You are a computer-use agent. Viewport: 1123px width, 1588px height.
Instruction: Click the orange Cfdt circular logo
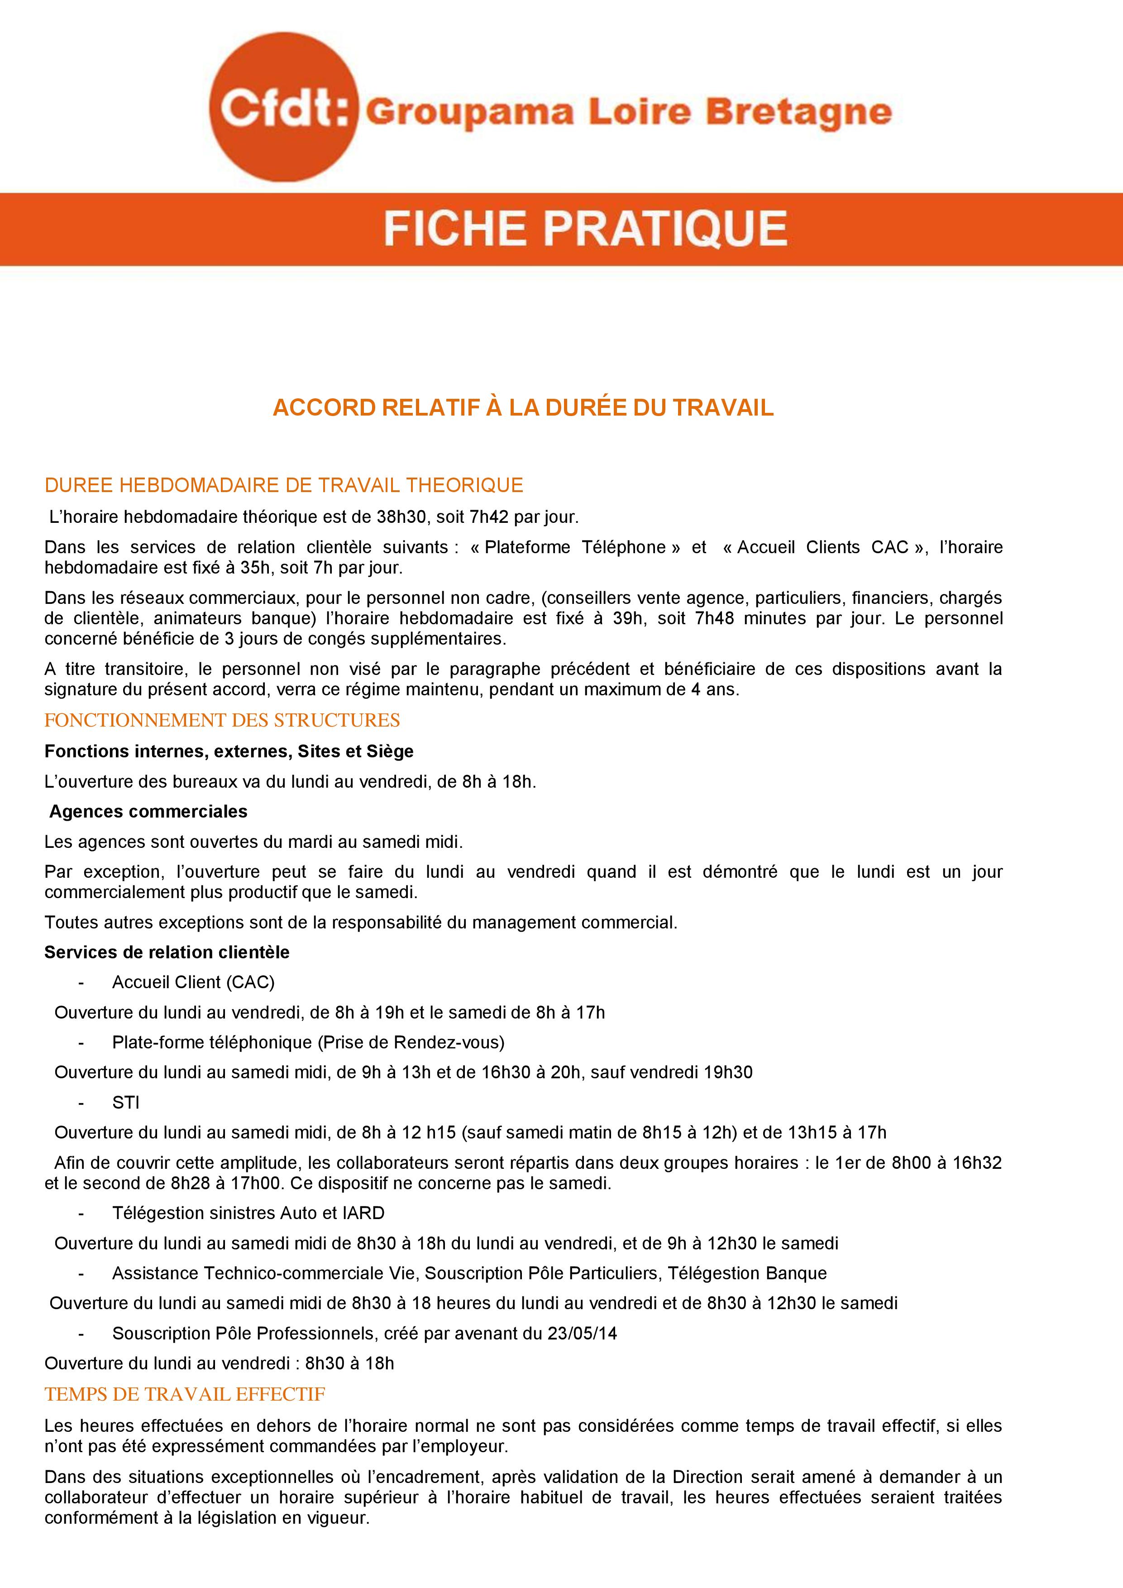point(283,107)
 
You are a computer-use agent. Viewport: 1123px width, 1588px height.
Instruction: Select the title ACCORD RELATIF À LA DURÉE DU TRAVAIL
point(523,408)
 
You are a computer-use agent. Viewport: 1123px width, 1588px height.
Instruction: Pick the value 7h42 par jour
point(523,517)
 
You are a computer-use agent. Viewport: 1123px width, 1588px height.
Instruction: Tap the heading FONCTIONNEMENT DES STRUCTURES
point(222,721)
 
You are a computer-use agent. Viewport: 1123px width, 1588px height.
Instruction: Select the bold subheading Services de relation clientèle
point(167,952)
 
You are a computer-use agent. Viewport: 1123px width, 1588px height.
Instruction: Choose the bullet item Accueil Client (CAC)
point(193,982)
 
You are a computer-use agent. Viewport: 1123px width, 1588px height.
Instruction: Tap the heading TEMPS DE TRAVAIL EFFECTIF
point(185,1394)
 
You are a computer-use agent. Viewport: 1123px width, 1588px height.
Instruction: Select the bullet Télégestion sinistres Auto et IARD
point(248,1213)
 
